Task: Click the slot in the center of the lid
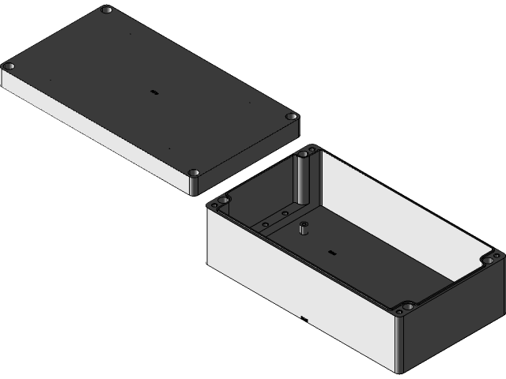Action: [x=153, y=92]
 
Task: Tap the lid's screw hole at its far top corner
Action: [x=107, y=11]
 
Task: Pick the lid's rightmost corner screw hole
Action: [x=292, y=117]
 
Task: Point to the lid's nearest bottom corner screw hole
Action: [x=194, y=172]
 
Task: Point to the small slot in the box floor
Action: [x=331, y=253]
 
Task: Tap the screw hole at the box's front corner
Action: [x=406, y=306]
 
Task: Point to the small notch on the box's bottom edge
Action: [x=304, y=320]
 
